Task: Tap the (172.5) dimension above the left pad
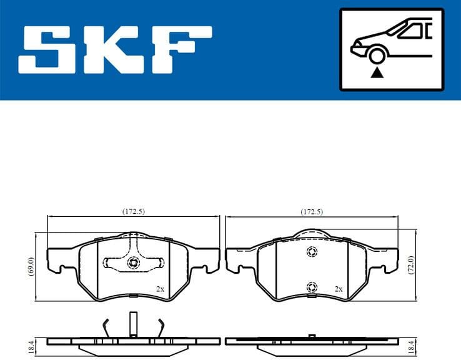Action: coord(133,212)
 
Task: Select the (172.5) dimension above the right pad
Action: coord(311,212)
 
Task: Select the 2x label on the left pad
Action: coord(160,289)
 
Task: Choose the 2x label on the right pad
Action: coord(339,289)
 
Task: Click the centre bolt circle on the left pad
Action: coord(133,263)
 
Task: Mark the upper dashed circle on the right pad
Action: coord(311,252)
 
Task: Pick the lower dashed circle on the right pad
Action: coord(311,287)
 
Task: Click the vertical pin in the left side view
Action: coord(133,325)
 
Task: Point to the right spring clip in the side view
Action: coord(161,326)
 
